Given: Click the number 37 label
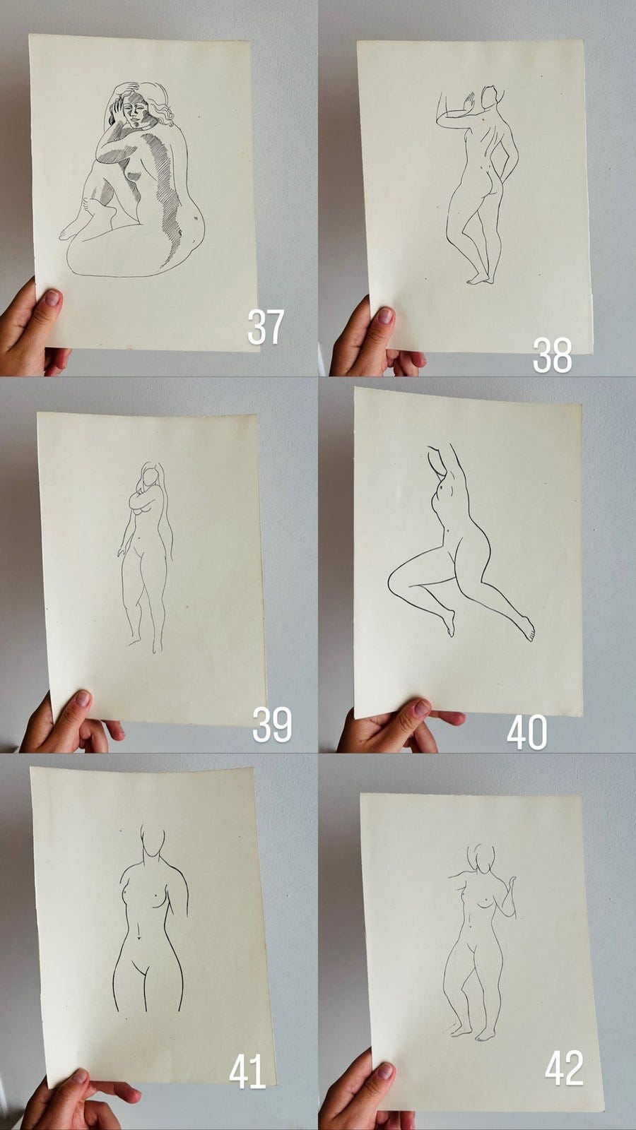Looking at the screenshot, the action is tap(266, 327).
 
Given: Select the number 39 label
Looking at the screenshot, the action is tap(272, 724).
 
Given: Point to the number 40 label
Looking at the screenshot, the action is tap(527, 732).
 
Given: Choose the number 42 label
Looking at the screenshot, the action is tap(564, 1068).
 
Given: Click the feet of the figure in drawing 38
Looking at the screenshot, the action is tap(480, 279).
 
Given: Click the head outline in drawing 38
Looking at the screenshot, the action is tap(490, 97).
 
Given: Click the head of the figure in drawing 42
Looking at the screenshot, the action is tap(481, 857).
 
